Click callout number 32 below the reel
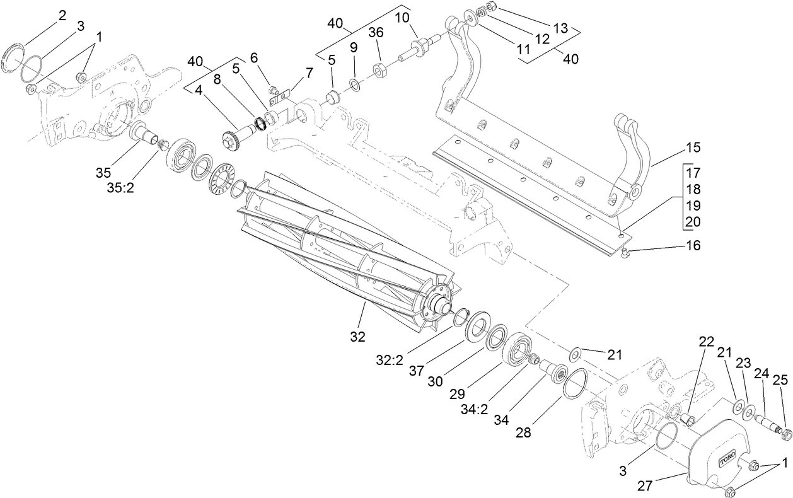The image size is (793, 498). coord(357,337)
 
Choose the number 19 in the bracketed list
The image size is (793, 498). coord(693,206)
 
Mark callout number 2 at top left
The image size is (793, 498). coord(62,16)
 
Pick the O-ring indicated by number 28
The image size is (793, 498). coord(575,384)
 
